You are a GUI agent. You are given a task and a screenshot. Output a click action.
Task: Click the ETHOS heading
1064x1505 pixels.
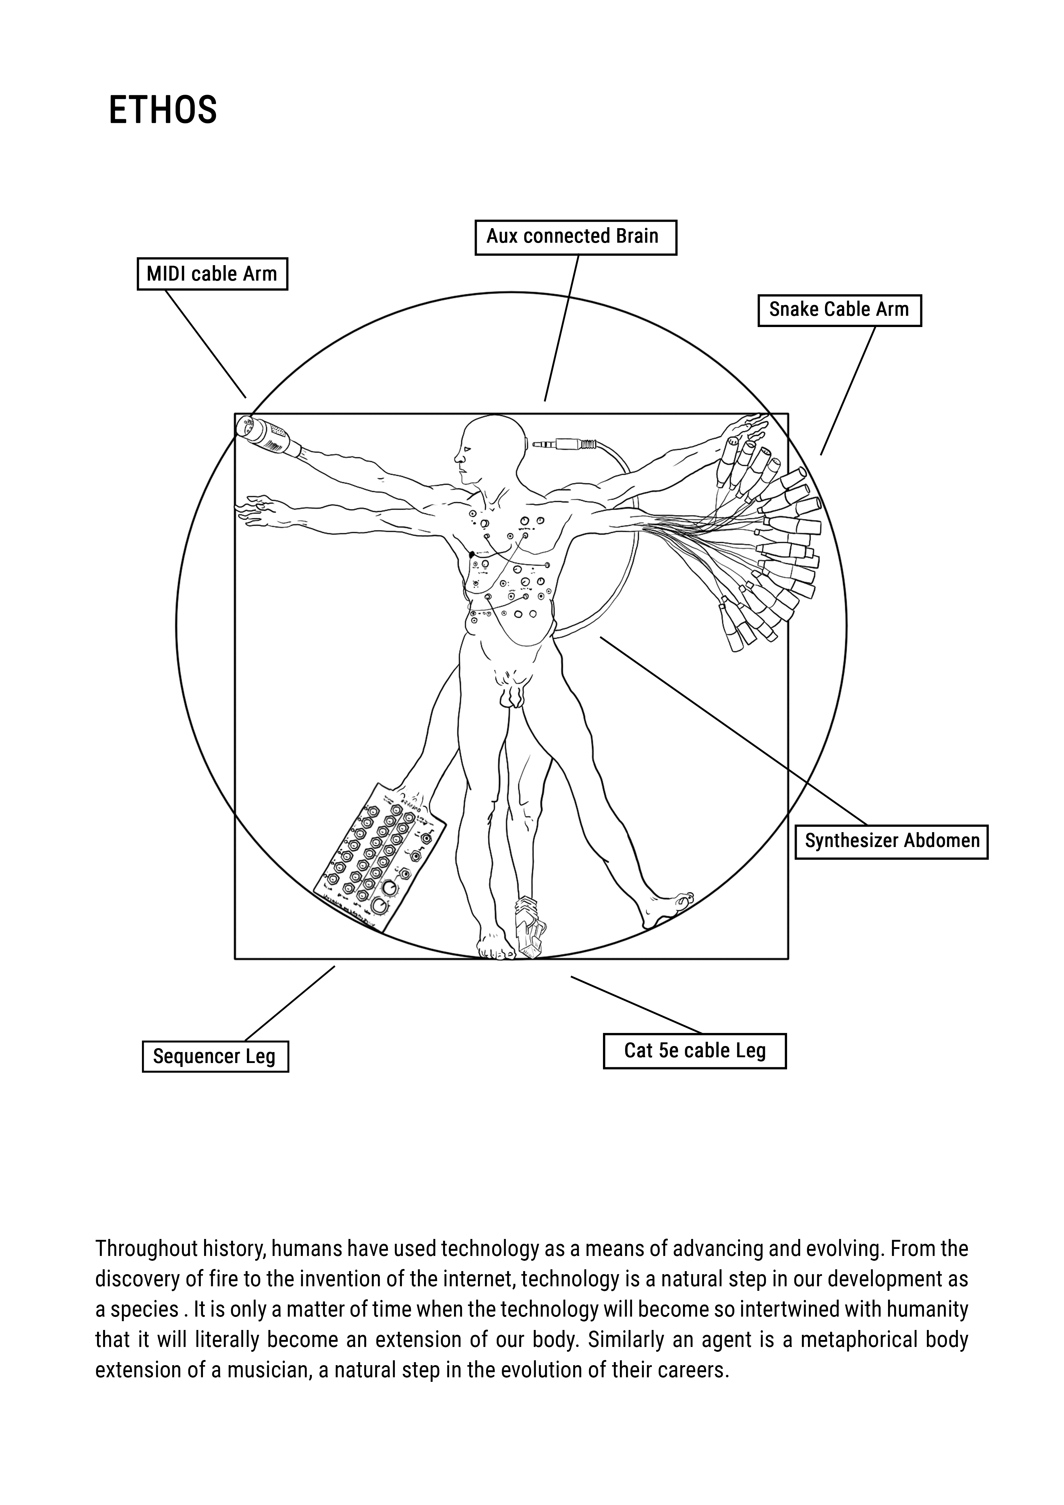coord(163,110)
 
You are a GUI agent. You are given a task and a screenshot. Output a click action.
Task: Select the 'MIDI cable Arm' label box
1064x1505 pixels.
coord(212,274)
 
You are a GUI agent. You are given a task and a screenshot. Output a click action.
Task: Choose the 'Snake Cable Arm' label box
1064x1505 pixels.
coord(839,310)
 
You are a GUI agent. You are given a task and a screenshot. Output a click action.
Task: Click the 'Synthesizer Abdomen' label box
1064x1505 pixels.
coord(892,842)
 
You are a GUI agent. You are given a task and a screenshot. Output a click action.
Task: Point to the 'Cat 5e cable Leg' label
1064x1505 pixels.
coord(695,1051)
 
